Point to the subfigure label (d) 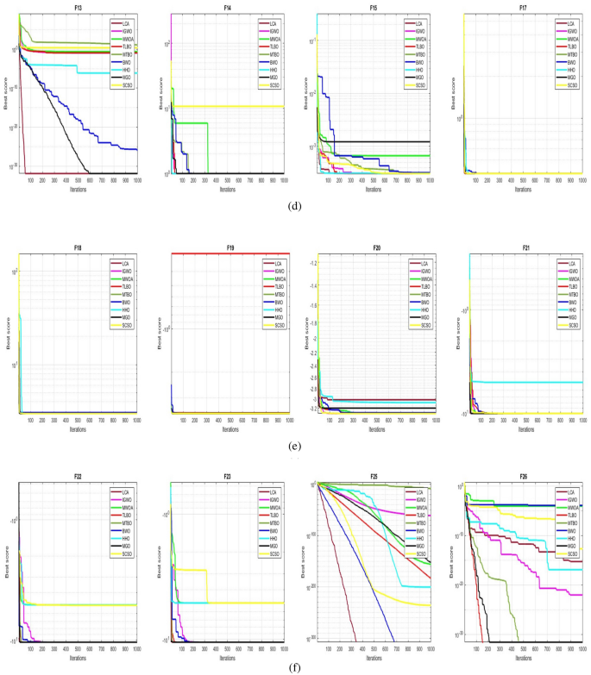(295, 207)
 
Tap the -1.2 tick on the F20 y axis (312, 262)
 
